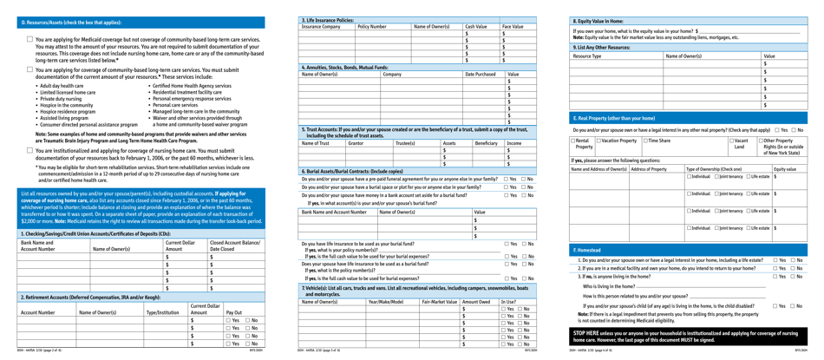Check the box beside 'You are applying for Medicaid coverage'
(x=29, y=40)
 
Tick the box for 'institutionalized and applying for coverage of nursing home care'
(x=29, y=151)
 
